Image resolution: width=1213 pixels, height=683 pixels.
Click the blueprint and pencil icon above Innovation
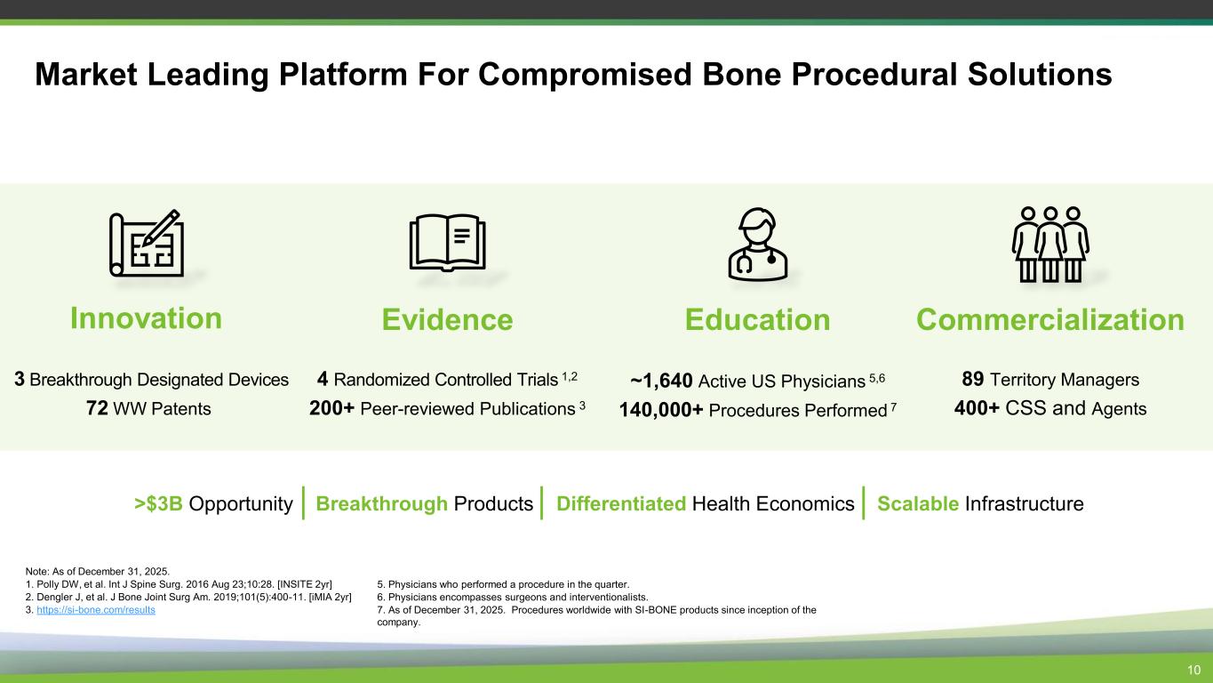click(147, 244)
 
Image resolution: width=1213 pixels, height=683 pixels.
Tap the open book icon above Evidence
click(447, 242)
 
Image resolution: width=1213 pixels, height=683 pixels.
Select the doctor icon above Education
click(758, 245)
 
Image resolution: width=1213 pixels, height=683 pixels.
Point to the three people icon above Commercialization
click(1050, 245)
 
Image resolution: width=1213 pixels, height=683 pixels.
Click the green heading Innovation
click(147, 318)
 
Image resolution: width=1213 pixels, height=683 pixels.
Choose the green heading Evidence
click(447, 319)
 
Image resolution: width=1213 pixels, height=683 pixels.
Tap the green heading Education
click(758, 319)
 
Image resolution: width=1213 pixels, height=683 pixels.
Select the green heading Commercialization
click(1050, 319)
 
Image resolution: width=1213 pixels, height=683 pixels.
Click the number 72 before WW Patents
click(97, 408)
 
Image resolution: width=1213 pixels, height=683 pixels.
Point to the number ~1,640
click(661, 381)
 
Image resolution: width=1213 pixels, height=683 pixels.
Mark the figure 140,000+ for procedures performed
click(660, 410)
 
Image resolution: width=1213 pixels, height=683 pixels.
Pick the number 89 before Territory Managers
click(972, 379)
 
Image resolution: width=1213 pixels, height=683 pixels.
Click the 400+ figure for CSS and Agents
click(977, 407)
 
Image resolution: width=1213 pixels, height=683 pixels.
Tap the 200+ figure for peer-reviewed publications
click(332, 408)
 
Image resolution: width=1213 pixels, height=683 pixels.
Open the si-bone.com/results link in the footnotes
click(96, 610)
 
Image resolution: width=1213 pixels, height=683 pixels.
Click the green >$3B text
click(159, 503)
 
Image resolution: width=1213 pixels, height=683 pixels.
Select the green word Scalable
click(918, 503)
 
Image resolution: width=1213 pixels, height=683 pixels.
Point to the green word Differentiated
click(621, 503)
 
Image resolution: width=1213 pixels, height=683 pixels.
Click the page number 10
click(1194, 670)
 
